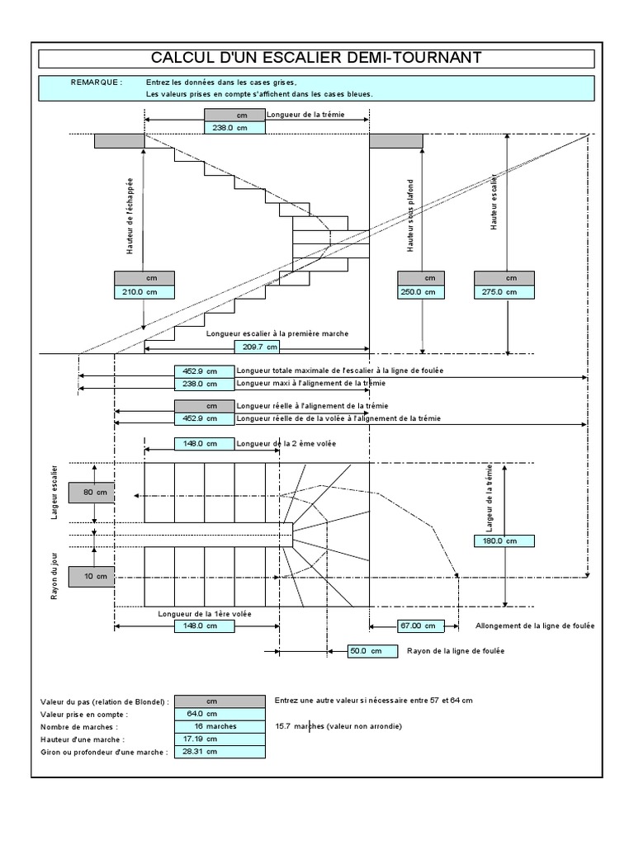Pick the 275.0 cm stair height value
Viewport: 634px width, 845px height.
504,292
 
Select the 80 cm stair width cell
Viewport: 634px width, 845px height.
88,493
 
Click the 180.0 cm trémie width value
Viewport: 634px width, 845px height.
504,541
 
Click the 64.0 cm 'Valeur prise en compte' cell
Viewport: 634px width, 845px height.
202,714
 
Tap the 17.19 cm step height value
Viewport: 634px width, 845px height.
202,739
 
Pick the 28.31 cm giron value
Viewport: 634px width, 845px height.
202,752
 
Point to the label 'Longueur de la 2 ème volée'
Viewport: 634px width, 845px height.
286,443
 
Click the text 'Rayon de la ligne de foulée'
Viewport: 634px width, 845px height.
456,652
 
